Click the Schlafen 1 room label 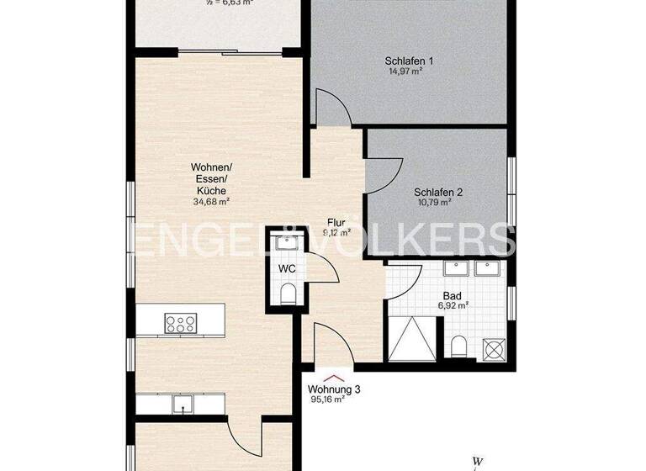409,61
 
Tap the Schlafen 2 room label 437,191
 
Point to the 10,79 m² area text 437,202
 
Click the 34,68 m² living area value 210,202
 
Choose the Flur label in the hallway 336,224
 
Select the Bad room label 453,295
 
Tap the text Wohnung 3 334,389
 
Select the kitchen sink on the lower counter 181,405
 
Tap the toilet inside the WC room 288,292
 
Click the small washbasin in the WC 288,245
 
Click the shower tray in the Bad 410,341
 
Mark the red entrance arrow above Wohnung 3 334,377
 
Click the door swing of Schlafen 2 379,174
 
